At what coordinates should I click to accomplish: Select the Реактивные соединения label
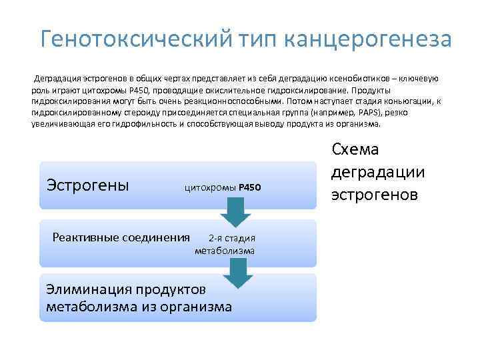click(121, 237)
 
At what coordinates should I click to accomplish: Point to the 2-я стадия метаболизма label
click(225, 244)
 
